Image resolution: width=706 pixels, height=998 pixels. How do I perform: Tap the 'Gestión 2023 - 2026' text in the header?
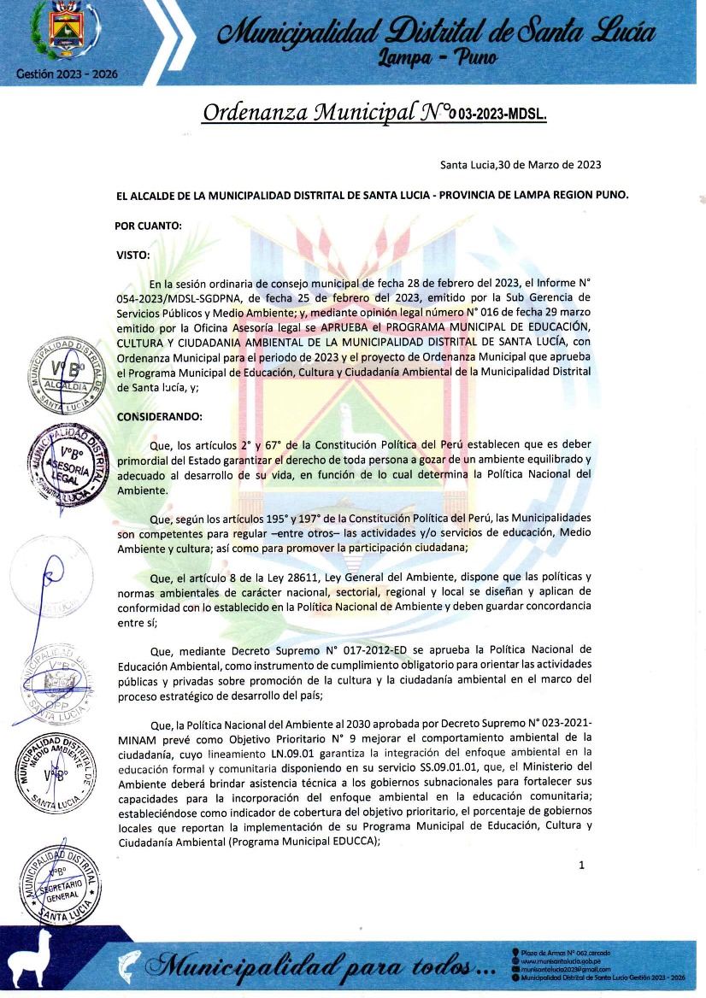(x=67, y=73)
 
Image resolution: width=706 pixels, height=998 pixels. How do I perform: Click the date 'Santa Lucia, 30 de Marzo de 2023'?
(x=521, y=165)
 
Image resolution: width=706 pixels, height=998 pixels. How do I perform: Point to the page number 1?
(x=582, y=866)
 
